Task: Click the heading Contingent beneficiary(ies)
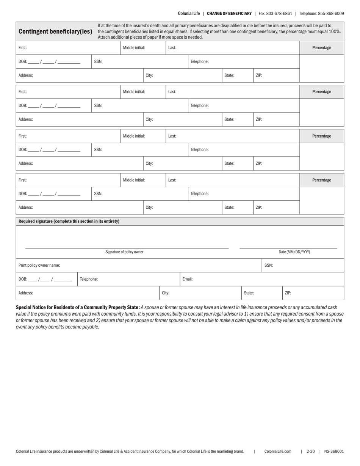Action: tap(55, 31)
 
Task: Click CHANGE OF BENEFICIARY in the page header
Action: tap(229, 13)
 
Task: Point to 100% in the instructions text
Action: tap(335, 31)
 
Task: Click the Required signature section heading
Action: tap(69, 221)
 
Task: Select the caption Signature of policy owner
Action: tap(124, 252)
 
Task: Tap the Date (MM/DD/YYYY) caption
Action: tap(294, 252)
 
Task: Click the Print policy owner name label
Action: tap(39, 265)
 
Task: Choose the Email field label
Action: tap(188, 279)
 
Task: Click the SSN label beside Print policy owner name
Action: tap(268, 265)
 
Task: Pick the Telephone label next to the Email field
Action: tap(89, 279)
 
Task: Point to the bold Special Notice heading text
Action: tap(78, 307)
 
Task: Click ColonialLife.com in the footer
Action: tap(278, 451)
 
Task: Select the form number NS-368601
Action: tap(334, 451)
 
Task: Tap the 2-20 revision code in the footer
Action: tap(311, 451)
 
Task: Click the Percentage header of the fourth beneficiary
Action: tap(321, 180)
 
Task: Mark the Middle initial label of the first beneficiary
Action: tap(134, 48)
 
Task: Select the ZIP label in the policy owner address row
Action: tap(288, 293)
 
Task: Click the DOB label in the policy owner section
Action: tap(23, 279)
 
